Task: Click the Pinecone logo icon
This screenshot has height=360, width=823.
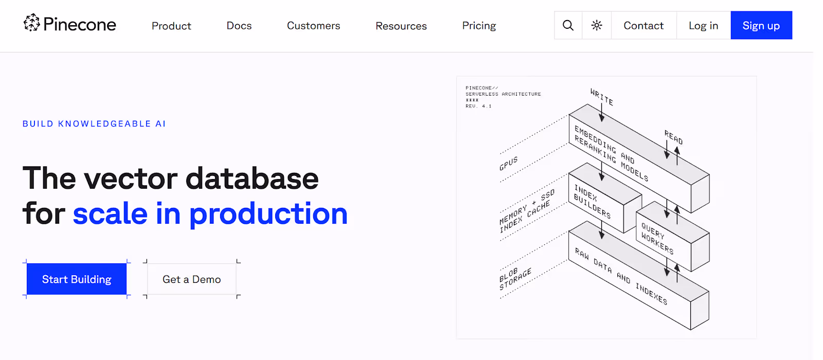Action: (31, 23)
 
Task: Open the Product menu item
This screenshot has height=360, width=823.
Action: (171, 26)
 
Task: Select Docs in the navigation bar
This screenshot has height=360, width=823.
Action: (239, 25)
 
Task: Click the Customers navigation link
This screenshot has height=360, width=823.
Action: (313, 25)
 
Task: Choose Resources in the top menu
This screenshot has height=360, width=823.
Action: (401, 26)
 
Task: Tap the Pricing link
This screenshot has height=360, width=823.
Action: (479, 26)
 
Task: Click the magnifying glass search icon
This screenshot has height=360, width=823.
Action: (568, 25)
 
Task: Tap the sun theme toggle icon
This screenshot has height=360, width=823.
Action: (597, 25)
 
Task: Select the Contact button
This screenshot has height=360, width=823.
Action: (643, 25)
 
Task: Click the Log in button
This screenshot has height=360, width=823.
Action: (703, 25)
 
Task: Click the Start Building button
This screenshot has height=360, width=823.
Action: (77, 279)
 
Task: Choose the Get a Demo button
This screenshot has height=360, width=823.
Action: (191, 279)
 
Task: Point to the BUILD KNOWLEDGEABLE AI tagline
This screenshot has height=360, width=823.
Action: (94, 124)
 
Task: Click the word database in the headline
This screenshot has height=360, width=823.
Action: (252, 179)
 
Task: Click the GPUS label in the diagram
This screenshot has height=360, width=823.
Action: (509, 164)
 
